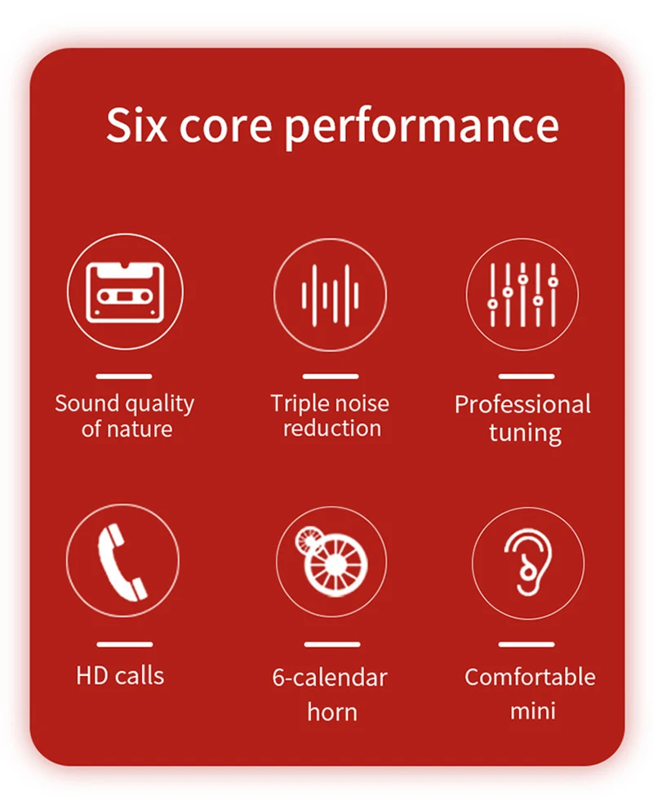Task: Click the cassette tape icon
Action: (125, 291)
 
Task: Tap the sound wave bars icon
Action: (330, 296)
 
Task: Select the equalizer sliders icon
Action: (522, 295)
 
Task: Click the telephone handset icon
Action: (122, 562)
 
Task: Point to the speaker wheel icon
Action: (331, 561)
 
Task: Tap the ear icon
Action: (528, 562)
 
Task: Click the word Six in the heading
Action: (136, 125)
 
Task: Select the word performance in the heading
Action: (421, 128)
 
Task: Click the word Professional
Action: (522, 405)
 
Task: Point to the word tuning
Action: (525, 433)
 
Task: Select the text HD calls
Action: (120, 676)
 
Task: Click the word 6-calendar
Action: (330, 678)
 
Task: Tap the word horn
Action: (332, 712)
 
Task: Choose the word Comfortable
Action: (530, 677)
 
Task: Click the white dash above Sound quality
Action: (124, 376)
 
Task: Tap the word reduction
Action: (332, 428)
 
